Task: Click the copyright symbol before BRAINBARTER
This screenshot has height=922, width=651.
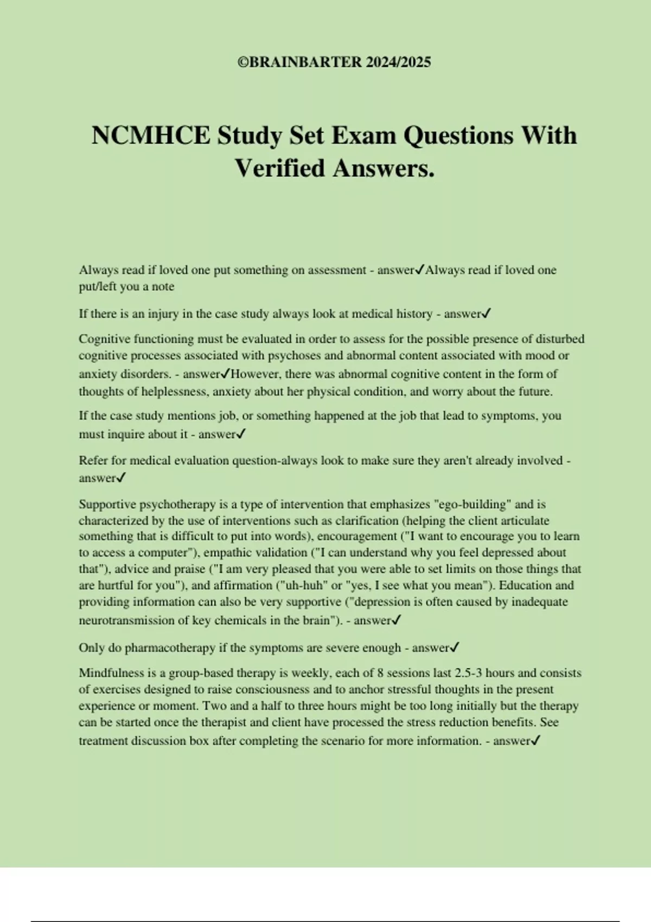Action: (242, 62)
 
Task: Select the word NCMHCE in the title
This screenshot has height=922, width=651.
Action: (151, 136)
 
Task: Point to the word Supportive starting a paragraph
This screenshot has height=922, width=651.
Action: (107, 504)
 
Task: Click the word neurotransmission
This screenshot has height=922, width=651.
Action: (125, 620)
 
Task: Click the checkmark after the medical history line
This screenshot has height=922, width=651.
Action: (487, 313)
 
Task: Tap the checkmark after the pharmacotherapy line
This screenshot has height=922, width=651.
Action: (455, 648)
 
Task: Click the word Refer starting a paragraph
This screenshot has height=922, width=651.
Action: (93, 460)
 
